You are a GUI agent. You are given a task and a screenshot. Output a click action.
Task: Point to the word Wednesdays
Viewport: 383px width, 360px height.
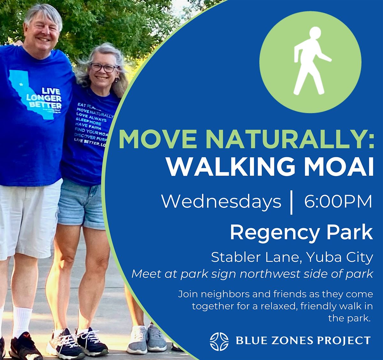pos(221,202)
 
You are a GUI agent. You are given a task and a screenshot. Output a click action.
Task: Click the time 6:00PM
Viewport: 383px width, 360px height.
pos(338,202)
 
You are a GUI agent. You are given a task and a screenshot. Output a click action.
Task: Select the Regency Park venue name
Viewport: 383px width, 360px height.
pos(301,232)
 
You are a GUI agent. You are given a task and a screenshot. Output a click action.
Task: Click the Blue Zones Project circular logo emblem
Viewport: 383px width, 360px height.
pos(219,341)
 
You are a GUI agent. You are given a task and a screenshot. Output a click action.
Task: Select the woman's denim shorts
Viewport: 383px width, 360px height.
pos(80,204)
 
